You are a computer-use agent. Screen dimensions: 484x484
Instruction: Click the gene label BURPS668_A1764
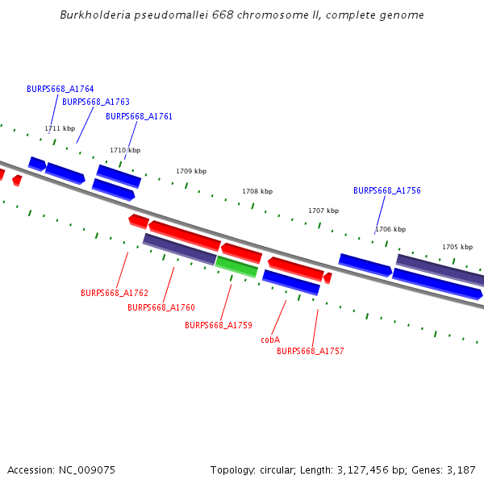click(x=60, y=89)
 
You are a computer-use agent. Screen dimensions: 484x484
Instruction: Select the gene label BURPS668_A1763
click(x=96, y=102)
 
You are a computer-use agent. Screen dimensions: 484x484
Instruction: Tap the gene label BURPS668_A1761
click(x=139, y=116)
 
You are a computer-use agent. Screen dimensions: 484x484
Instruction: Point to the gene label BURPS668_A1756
click(x=387, y=191)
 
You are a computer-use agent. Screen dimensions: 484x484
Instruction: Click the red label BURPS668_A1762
click(x=115, y=293)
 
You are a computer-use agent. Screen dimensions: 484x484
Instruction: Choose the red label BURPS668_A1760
click(x=161, y=307)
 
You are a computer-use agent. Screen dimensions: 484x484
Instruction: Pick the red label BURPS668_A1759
click(x=219, y=325)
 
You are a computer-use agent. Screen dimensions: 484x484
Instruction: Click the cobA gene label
click(x=270, y=340)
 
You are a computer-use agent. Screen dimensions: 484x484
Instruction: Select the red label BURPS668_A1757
click(x=311, y=351)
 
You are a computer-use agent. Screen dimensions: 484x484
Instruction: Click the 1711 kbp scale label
click(x=60, y=128)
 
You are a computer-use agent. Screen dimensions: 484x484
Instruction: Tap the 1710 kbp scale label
click(x=125, y=150)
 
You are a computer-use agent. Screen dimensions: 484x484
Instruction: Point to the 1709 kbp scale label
click(x=191, y=171)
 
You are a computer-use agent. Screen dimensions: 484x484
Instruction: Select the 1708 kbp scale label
click(x=257, y=191)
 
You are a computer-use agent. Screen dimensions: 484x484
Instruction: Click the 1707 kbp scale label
click(x=323, y=211)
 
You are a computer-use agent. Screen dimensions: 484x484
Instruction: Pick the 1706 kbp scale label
click(x=390, y=229)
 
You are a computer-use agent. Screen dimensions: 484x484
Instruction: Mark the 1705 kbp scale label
click(x=457, y=247)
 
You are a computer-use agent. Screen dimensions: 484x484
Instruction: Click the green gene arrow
click(x=236, y=265)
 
